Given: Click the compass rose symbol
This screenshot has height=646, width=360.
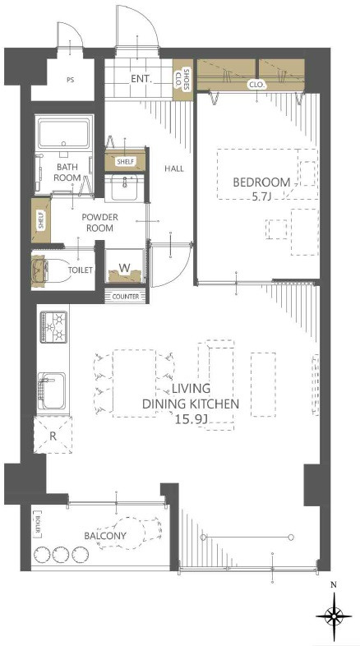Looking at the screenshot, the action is [x=334, y=616].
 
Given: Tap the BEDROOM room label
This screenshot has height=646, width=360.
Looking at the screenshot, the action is [x=261, y=182].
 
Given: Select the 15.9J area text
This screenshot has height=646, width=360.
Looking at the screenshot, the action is [x=192, y=419].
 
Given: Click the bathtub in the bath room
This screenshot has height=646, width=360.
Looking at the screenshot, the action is [x=64, y=132].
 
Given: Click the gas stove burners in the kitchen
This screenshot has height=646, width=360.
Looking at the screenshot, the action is [x=53, y=327].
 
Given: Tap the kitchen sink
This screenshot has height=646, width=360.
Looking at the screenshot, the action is [x=53, y=391].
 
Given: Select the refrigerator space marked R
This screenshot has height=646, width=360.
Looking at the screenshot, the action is [x=53, y=435].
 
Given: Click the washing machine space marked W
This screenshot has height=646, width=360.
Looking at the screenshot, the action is [x=125, y=266].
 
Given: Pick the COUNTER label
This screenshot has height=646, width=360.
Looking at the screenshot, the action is [x=125, y=296].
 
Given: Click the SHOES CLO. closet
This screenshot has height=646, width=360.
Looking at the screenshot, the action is [x=182, y=80].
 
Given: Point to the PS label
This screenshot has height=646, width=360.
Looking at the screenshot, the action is [x=71, y=80].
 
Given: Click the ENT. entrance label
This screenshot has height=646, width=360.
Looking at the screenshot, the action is [x=141, y=79].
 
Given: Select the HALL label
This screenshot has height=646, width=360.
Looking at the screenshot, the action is [x=173, y=168].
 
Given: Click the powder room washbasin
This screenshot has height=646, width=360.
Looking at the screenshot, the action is [x=124, y=188].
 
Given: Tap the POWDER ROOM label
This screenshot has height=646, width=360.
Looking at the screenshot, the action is [x=99, y=223].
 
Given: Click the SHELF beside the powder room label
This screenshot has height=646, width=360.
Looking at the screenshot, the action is [x=41, y=220].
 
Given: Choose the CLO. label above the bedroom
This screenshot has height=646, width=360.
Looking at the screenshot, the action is [x=257, y=85].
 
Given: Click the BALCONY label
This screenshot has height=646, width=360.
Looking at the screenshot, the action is [x=105, y=536].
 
